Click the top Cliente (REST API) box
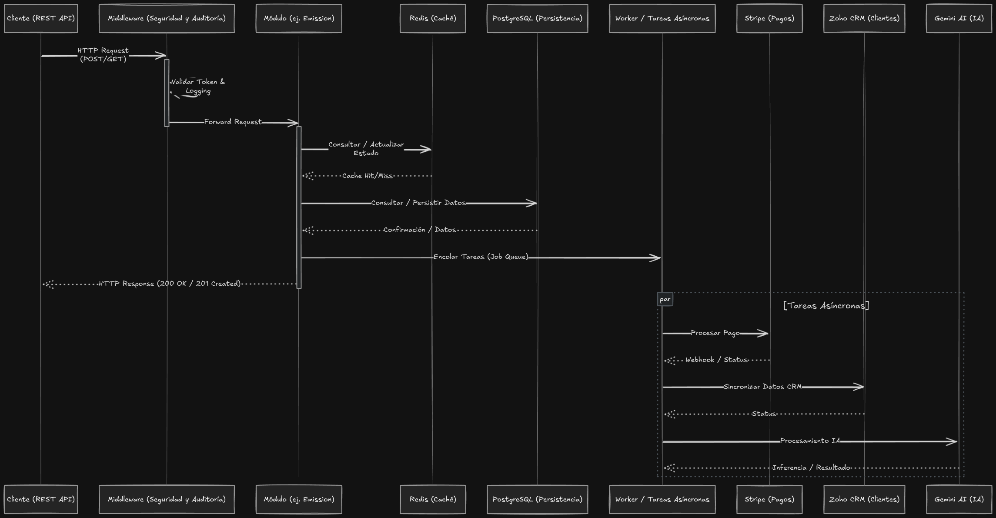tap(41, 18)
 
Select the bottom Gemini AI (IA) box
tap(959, 499)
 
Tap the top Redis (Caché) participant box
tap(433, 18)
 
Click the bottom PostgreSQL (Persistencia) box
tap(537, 499)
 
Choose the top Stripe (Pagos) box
tap(769, 18)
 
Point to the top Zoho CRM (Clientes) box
tap(864, 18)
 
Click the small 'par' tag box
tap(665, 299)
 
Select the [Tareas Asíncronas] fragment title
tap(826, 306)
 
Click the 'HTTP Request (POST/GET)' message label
tap(103, 55)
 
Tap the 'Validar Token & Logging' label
tap(198, 86)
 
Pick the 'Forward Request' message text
tap(233, 122)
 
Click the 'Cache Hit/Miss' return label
tap(367, 176)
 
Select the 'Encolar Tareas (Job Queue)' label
tap(481, 257)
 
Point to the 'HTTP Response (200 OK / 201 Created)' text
tap(170, 284)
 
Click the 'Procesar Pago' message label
tap(715, 333)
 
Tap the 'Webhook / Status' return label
tap(716, 360)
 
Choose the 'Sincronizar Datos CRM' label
tap(762, 387)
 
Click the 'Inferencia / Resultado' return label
tap(811, 468)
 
